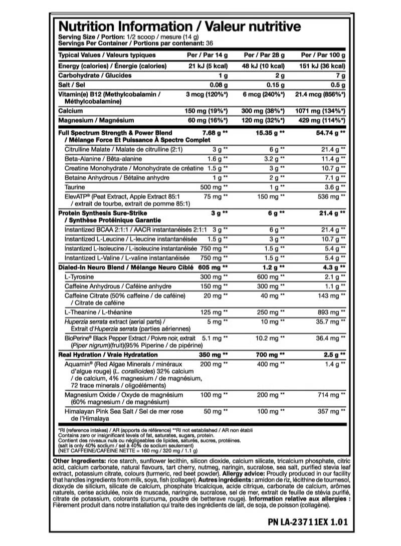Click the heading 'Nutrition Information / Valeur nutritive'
[x=179, y=26]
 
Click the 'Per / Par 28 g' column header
[x=264, y=55]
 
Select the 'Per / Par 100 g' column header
[x=323, y=55]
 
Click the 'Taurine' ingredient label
[x=74, y=186]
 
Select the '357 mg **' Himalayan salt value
[x=329, y=411]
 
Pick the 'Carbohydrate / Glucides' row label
[x=95, y=75]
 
